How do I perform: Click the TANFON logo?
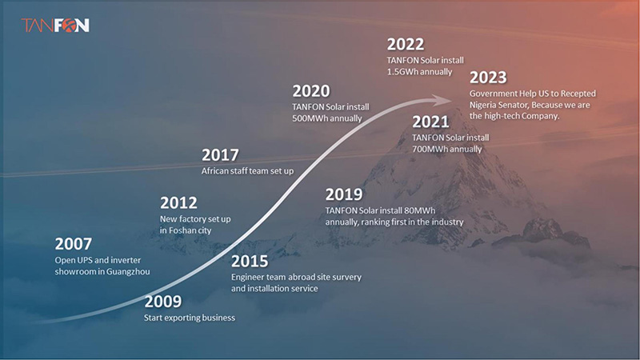click(55, 26)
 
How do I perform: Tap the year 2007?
click(74, 244)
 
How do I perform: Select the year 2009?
click(163, 302)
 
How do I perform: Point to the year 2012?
click(178, 203)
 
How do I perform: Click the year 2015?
click(250, 262)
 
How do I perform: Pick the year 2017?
click(220, 155)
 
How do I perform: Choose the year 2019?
click(344, 194)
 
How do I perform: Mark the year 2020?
click(311, 91)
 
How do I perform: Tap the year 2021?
click(430, 122)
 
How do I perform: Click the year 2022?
click(406, 45)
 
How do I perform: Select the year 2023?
click(488, 78)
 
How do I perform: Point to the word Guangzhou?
click(127, 272)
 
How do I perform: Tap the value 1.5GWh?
click(403, 72)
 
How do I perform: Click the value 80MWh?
click(419, 210)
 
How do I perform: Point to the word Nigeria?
click(483, 106)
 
